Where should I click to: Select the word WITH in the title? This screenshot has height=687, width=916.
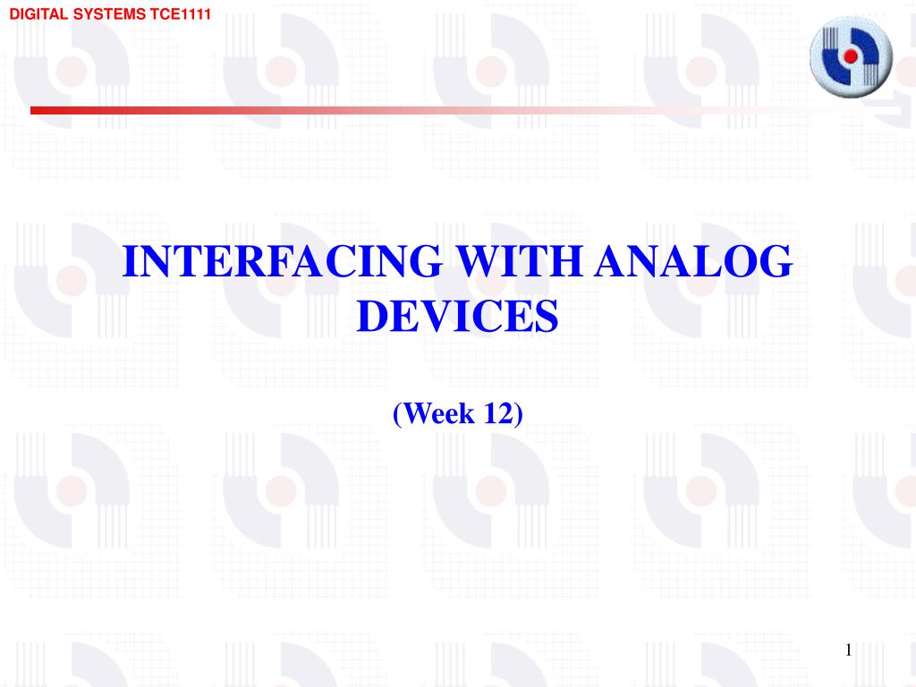pyautogui.click(x=520, y=260)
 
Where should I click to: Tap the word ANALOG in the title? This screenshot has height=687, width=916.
pyautogui.click(x=693, y=260)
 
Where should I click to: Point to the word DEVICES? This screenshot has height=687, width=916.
pyautogui.click(x=457, y=316)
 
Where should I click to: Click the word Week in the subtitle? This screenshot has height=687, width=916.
pyautogui.click(x=438, y=413)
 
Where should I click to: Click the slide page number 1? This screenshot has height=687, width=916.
pyautogui.click(x=848, y=650)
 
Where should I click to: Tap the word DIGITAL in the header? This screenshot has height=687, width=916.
pyautogui.click(x=38, y=14)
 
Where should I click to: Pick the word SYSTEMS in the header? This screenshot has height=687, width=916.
pyautogui.click(x=109, y=14)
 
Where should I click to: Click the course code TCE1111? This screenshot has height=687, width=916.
pyautogui.click(x=180, y=14)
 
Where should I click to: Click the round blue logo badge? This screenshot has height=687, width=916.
pyautogui.click(x=851, y=56)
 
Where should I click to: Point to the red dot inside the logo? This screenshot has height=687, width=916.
pyautogui.click(x=850, y=56)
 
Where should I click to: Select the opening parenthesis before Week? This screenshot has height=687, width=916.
pyautogui.click(x=397, y=414)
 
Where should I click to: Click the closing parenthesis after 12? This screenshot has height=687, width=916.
pyautogui.click(x=518, y=414)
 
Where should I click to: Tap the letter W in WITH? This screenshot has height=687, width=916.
pyautogui.click(x=478, y=260)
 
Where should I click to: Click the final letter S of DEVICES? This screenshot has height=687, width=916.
pyautogui.click(x=547, y=316)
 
